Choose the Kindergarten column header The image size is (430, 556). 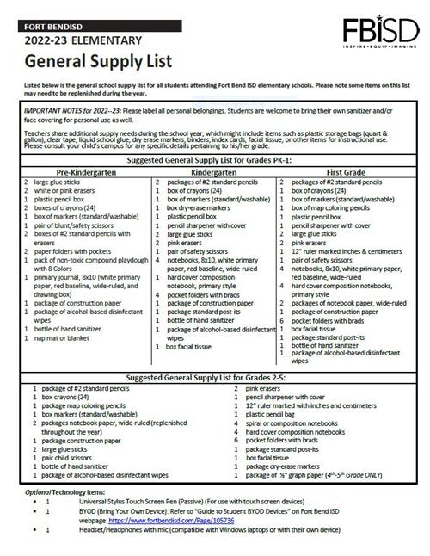coord(216,171)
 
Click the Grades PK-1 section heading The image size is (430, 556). coord(216,161)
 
